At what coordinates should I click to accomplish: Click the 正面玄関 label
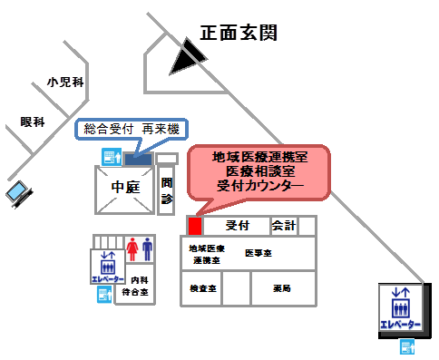tap(238, 34)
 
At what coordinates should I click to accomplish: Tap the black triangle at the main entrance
tap(187, 60)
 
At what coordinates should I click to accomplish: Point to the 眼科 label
tap(33, 122)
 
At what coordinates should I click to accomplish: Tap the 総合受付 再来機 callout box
tap(131, 130)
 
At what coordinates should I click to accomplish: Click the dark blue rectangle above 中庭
tap(138, 159)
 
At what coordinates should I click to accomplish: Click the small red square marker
tap(193, 225)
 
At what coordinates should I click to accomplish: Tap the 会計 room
tap(284, 225)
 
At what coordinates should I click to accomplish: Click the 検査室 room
tap(202, 288)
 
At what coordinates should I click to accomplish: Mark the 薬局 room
tap(282, 288)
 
